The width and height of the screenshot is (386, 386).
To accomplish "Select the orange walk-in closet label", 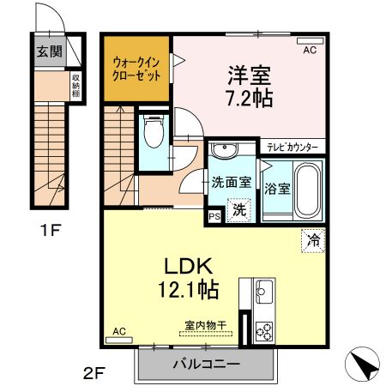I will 137,68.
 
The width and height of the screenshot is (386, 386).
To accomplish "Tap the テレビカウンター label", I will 292,147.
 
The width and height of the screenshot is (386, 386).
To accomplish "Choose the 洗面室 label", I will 232,182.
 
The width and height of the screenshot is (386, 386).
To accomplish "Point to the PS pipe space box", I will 213,217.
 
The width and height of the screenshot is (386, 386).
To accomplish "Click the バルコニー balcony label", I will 206,364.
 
